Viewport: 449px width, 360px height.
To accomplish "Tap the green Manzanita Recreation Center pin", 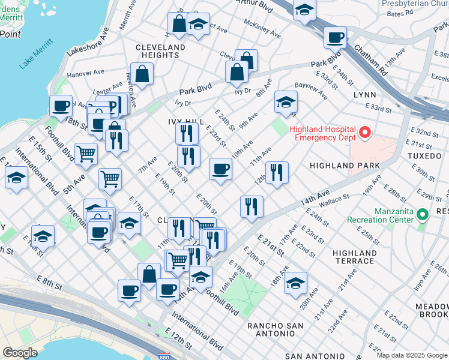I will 423,214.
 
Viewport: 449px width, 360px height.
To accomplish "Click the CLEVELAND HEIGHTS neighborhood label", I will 160,51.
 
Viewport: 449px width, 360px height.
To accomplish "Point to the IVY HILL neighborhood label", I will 182,121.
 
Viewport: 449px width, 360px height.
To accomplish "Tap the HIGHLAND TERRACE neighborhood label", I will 354,257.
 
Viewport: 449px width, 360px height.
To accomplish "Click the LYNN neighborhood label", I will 365,95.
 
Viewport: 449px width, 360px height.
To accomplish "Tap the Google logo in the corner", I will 20,353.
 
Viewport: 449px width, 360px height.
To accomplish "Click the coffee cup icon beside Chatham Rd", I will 336,37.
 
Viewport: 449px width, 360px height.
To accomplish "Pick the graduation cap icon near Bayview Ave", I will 286,102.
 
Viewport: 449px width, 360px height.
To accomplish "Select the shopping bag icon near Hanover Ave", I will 143,74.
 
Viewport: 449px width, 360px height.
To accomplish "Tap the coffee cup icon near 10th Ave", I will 220,169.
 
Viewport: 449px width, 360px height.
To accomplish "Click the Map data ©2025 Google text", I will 411,355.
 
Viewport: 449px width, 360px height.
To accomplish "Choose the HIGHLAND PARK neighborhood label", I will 345,165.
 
